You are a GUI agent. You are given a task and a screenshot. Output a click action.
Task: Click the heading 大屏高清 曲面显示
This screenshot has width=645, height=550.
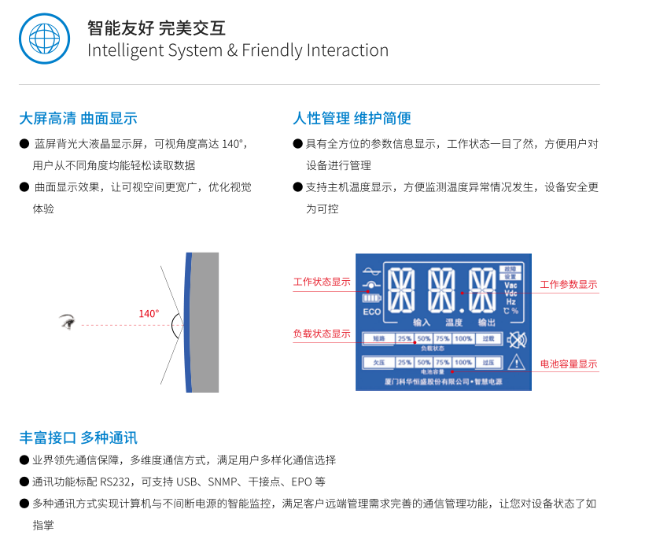78,119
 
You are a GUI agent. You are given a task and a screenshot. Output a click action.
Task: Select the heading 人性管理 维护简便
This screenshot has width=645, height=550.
352,119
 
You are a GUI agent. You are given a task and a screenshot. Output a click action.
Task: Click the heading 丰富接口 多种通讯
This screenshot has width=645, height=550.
78,438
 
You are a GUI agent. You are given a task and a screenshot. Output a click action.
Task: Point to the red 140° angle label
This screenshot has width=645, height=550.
149,314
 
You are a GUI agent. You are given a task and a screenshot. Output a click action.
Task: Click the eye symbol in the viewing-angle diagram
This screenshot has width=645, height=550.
68,321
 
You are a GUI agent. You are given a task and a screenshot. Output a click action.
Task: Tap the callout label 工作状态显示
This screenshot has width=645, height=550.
322,282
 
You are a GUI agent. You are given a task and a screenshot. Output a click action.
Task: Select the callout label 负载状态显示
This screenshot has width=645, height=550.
322,334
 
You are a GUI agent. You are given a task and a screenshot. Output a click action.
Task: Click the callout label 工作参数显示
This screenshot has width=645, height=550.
568,284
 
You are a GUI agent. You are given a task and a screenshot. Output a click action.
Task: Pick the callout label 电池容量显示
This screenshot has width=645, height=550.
568,364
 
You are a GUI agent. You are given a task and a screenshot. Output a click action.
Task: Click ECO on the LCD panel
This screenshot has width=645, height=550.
372,312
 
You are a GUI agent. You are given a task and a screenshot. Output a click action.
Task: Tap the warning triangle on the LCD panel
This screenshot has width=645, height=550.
516,362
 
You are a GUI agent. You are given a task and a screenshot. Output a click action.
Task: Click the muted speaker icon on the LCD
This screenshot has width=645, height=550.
516,340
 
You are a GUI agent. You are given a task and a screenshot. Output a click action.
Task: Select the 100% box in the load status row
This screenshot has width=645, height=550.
463,338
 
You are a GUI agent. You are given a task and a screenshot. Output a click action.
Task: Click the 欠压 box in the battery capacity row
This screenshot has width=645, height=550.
379,363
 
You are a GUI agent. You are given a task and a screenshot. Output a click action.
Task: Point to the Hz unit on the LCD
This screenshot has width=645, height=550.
510,301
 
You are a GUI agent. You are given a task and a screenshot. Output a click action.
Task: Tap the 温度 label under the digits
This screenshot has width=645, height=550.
454,322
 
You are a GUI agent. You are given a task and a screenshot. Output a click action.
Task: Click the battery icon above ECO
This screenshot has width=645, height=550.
371,297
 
